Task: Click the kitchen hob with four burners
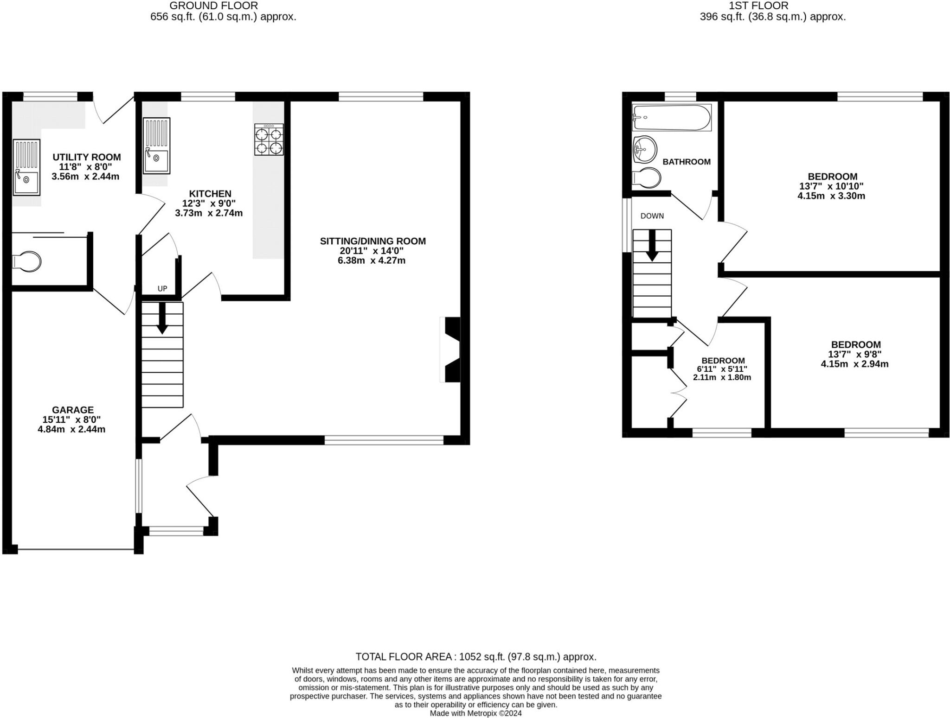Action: click(269, 140)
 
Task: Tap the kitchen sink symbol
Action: click(156, 146)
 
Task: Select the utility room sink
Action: click(26, 167)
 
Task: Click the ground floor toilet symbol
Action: click(27, 261)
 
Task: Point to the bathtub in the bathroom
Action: click(672, 118)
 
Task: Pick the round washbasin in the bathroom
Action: click(645, 149)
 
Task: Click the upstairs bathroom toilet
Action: click(647, 178)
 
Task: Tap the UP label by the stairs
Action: click(162, 289)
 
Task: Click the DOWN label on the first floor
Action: click(652, 216)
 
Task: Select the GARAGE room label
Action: click(73, 410)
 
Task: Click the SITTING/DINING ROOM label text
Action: click(372, 241)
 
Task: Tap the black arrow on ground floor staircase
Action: click(162, 318)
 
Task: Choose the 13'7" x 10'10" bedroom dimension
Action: click(831, 186)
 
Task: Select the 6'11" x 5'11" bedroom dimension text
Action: click(722, 369)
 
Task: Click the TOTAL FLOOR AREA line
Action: click(475, 657)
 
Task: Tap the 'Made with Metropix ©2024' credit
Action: click(475, 713)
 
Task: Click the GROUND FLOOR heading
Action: click(213, 6)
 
